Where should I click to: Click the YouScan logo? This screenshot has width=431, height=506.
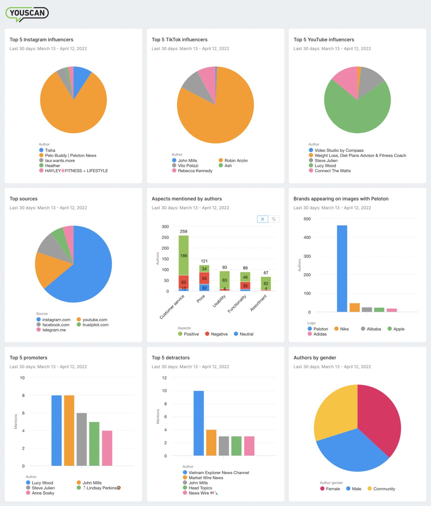[x=27, y=14]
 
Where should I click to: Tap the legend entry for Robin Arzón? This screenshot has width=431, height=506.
[x=236, y=161]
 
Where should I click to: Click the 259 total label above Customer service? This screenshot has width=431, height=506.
[x=184, y=231]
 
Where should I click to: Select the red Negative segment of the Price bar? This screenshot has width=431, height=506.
[x=204, y=278]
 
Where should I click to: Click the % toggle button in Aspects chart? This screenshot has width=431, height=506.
[x=274, y=219]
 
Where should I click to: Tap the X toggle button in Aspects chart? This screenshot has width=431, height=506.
[x=263, y=219]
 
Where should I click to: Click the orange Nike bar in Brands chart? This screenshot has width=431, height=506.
[x=355, y=308]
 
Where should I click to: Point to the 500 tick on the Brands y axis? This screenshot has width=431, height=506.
[x=307, y=219]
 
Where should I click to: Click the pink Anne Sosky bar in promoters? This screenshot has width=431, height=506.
[x=107, y=448]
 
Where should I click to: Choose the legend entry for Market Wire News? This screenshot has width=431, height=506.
[x=206, y=478]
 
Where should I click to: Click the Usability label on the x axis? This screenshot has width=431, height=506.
[x=219, y=301]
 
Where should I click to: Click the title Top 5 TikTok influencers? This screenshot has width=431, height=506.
[x=179, y=40]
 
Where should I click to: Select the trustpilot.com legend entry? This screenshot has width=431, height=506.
[x=95, y=325]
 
